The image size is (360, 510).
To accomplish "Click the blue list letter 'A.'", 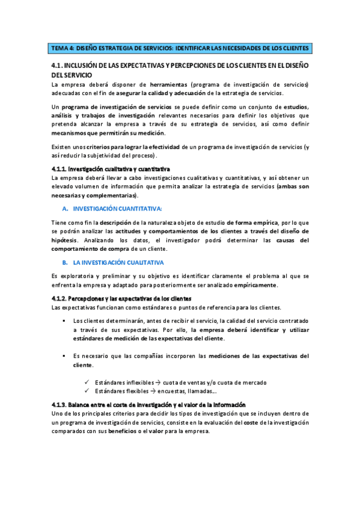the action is click(64, 208).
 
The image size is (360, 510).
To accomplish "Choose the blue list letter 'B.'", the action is click(64, 262).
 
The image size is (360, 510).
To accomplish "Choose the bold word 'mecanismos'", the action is click(70, 133).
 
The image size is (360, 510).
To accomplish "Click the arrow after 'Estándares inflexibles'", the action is click(157, 382).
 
